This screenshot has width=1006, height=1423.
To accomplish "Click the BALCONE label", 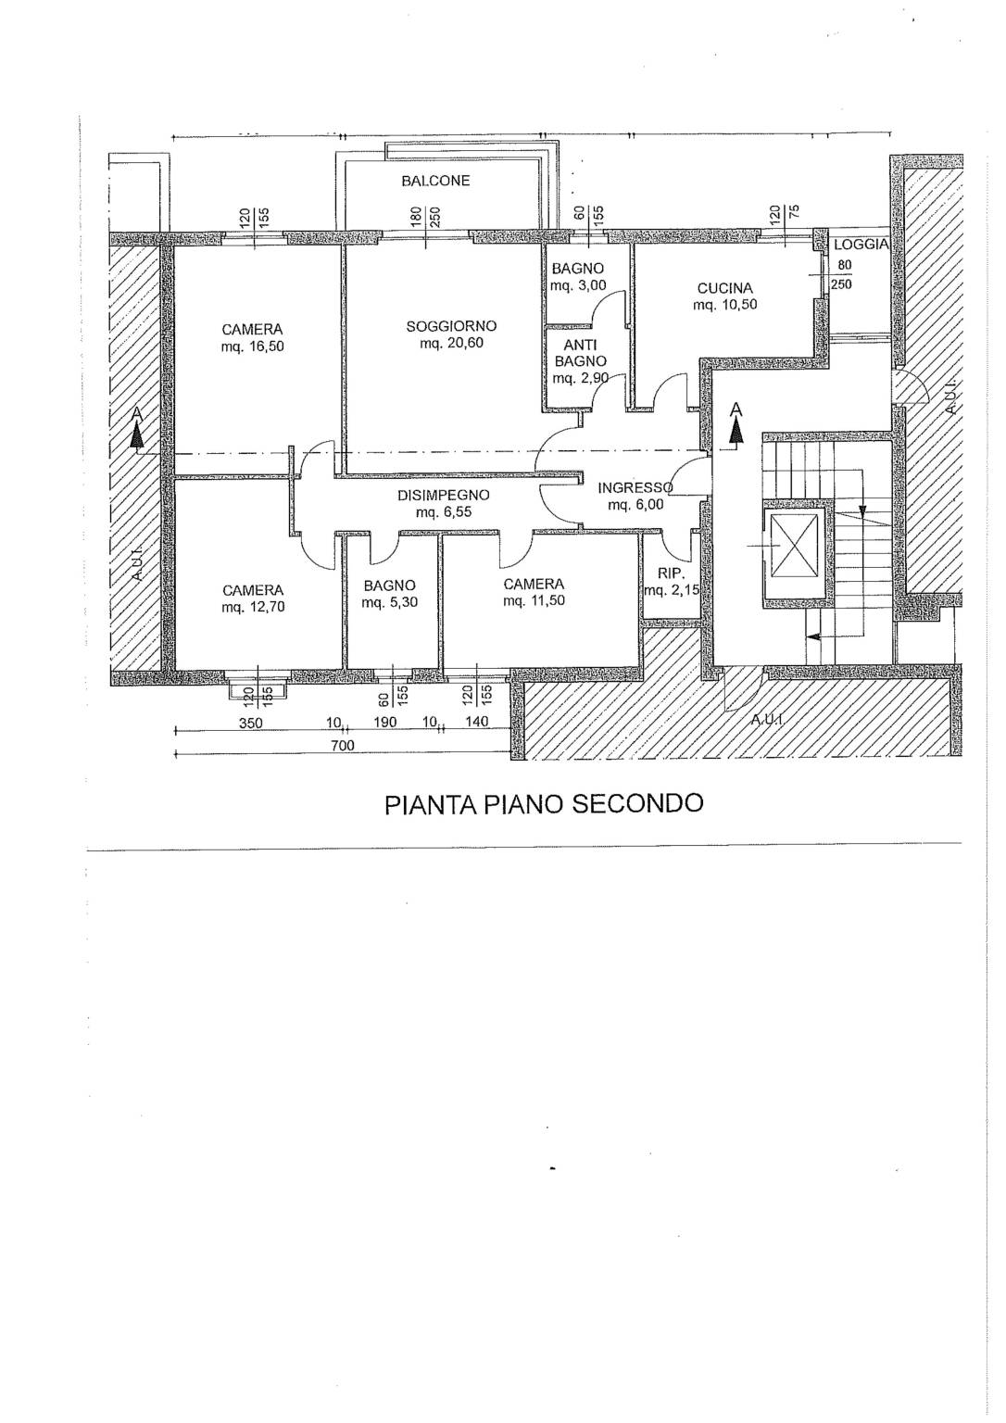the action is (435, 181).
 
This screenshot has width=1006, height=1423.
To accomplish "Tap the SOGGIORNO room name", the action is (451, 326).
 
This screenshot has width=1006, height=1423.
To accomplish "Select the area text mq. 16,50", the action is (253, 346).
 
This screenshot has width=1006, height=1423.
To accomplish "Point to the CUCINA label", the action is (724, 288).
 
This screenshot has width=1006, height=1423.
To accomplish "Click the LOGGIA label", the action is (861, 245).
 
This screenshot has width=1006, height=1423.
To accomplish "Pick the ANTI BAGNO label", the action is (581, 353).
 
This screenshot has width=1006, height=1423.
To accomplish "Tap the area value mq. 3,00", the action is (578, 286).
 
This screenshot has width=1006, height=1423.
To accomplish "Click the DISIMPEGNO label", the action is (444, 496).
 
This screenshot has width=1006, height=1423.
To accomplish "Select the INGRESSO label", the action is (635, 488).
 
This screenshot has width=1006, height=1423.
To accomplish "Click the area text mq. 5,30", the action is (390, 602).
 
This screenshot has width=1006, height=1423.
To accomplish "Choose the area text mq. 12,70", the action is (254, 608).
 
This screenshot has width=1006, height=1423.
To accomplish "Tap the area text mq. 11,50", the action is (534, 601).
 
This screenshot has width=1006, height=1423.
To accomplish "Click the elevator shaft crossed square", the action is (795, 546).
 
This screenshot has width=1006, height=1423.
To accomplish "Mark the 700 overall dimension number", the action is (343, 746).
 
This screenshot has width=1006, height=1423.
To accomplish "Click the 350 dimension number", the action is (250, 723).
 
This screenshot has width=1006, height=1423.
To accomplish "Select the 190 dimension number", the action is (384, 723).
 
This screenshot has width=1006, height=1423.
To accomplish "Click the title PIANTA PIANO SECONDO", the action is (544, 803).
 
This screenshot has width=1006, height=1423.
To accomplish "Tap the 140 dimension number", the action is (477, 722).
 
